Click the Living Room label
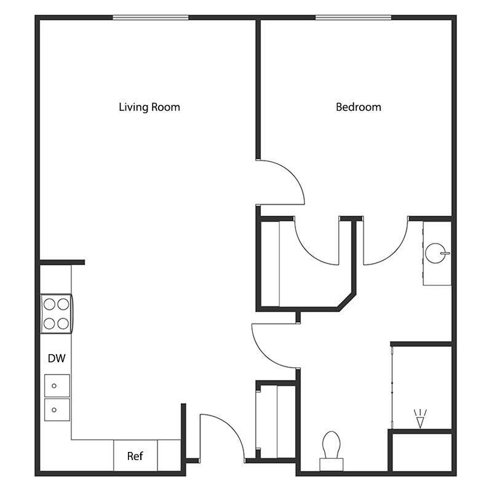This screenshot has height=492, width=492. (149, 107)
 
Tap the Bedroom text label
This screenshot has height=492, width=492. (358, 107)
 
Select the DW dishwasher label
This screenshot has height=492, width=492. (57, 358)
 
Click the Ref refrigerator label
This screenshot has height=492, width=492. (135, 456)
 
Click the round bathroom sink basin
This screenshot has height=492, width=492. (436, 252)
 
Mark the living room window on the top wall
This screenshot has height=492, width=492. (150, 18)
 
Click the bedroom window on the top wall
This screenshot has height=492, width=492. (353, 18)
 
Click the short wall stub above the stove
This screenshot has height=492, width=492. (62, 262)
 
